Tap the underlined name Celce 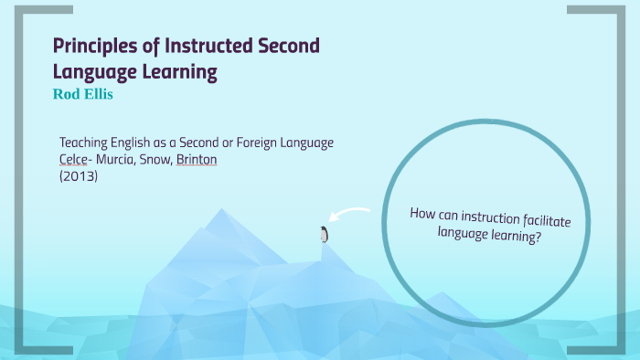point(73,160)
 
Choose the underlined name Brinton point(197,160)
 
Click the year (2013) point(78,175)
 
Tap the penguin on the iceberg point(323,234)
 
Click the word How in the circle point(423,213)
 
